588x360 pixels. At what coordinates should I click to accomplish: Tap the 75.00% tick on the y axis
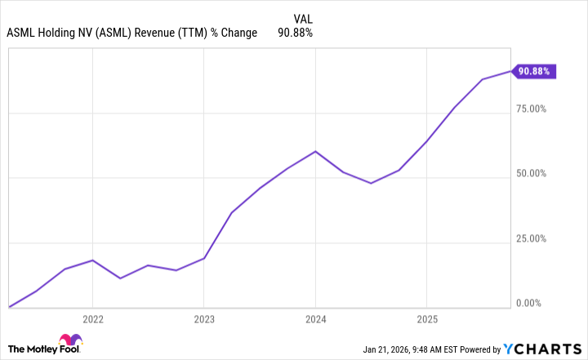pyautogui.click(x=536, y=109)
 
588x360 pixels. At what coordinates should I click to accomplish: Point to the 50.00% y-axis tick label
pyautogui.click(x=536, y=174)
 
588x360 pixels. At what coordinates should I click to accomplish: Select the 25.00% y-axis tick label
pyautogui.click(x=536, y=238)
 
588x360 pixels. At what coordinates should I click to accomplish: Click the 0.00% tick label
pyautogui.click(x=538, y=304)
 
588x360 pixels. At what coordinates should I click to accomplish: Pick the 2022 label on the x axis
pyautogui.click(x=92, y=318)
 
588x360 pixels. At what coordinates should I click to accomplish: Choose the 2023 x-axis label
pyautogui.click(x=204, y=318)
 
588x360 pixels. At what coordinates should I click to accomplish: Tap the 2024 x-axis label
pyautogui.click(x=316, y=318)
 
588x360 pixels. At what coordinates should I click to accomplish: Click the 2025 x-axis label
pyautogui.click(x=427, y=318)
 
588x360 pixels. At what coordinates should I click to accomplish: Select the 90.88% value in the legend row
pyautogui.click(x=296, y=33)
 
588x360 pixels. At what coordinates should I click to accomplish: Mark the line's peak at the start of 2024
pyautogui.click(x=316, y=151)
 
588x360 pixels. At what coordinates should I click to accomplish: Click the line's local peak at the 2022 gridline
pyautogui.click(x=92, y=260)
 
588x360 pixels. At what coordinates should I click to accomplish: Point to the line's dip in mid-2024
pyautogui.click(x=372, y=183)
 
